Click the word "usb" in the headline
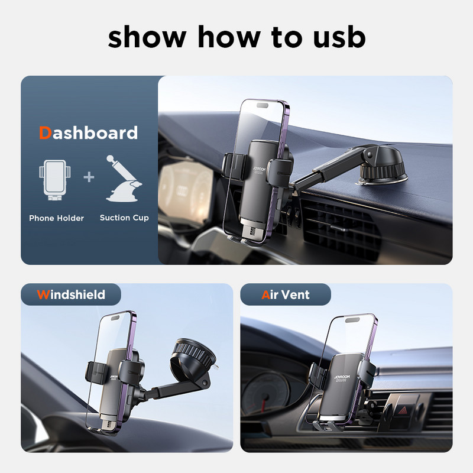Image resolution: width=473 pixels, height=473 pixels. click(339, 37)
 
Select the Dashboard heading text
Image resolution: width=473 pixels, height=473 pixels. click(88, 132)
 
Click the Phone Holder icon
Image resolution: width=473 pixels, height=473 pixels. click(55, 180)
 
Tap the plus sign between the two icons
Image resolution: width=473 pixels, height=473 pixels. click(89, 177)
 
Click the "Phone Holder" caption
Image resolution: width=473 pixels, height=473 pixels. click(56, 218)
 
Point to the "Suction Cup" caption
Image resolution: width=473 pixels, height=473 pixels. click(124, 218)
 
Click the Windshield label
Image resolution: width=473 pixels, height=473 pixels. click(71, 294)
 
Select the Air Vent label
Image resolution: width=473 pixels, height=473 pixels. click(286, 294)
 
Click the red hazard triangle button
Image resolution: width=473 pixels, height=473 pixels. click(403, 410)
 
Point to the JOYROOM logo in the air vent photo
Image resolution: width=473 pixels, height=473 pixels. click(342, 377)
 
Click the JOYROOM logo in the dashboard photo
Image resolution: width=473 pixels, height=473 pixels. click(259, 171)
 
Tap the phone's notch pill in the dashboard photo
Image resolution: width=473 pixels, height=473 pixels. click(262, 106)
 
